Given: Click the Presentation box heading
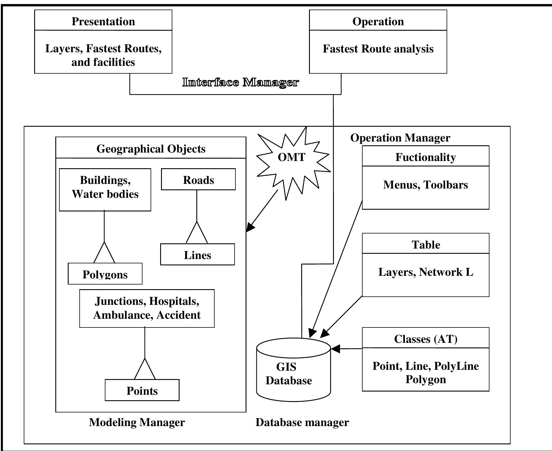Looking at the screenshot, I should [103, 21].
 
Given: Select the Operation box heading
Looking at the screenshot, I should [378, 21].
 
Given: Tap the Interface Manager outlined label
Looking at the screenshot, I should [240, 83].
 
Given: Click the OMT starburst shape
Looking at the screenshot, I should [292, 158].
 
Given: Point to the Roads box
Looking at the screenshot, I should [198, 180].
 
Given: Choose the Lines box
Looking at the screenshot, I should [198, 255].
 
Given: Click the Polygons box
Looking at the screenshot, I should [105, 274].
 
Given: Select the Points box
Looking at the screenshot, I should [142, 390].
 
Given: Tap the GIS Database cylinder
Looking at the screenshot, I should [293, 373].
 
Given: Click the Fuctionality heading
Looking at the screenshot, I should [425, 157].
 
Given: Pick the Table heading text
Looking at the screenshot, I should [425, 245].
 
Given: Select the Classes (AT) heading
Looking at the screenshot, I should [425, 339].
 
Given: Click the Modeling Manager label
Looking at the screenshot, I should [137, 422].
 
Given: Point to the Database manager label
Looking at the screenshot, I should [302, 422].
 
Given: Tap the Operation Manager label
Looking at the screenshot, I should [400, 138].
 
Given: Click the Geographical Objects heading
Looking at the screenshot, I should [151, 149].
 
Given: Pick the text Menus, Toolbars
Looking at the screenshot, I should [425, 185].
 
